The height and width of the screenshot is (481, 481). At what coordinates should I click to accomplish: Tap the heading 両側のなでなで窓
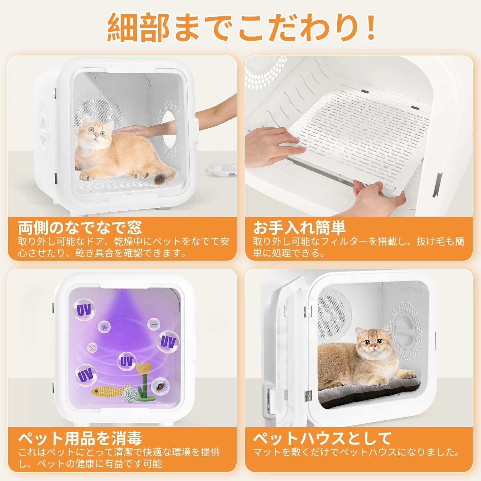pos(80,227)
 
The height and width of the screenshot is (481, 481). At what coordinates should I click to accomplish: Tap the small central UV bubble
pos(125,362)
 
